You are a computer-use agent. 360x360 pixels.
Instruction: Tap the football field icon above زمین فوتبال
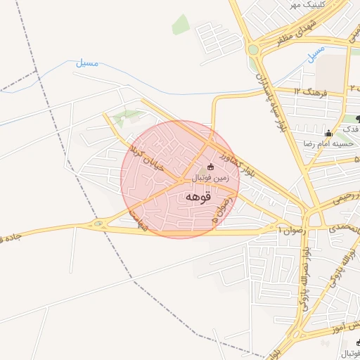211,167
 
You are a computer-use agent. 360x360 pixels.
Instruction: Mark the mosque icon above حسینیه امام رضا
328,133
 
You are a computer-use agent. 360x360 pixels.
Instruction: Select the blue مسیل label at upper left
87,63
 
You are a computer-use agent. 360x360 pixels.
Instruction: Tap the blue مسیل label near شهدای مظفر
316,52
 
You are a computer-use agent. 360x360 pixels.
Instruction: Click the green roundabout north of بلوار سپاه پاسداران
252,49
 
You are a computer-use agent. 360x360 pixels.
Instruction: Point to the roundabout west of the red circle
98,224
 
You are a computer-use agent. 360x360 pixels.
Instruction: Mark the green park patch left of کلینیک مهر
181,24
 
